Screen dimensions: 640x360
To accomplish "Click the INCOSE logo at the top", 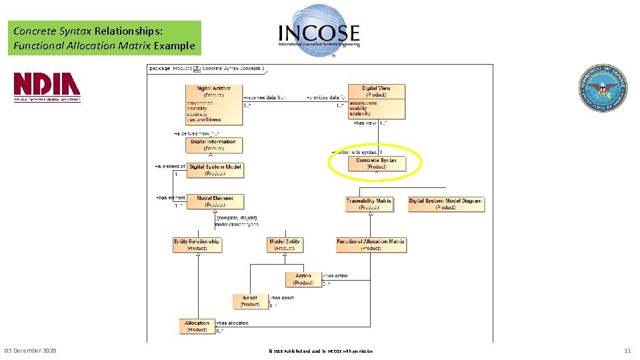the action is pos(319,27).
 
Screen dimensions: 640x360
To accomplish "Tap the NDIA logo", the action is pos(47,87).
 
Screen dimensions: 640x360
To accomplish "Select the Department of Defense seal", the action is pos(602,87).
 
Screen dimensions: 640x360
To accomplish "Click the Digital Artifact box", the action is pos(213,104).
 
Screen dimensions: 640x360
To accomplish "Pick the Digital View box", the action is pos(376,101).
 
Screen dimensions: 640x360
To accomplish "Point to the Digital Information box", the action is pos(213,145).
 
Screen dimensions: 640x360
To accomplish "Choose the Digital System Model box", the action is pos(215,170).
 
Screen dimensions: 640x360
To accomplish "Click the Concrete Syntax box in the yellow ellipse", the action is pos(376,163).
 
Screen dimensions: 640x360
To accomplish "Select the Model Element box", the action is pos(215,201).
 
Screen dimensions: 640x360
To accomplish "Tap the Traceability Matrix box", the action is pos(369,204).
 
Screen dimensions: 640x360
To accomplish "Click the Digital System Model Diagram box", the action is pos(445,204).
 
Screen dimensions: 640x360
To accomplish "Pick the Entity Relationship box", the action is pos(197,245).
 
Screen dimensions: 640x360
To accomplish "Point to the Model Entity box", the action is pos(285,245).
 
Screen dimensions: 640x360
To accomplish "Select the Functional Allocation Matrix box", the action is pos(371,245).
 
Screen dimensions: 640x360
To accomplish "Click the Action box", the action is pos(303,279).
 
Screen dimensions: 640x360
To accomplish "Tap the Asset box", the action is pos(250,301).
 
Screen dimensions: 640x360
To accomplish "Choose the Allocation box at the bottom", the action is pos(197,326).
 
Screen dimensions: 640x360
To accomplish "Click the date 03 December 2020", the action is pos(31,351).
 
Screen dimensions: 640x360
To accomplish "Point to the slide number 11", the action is pos(627,351).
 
